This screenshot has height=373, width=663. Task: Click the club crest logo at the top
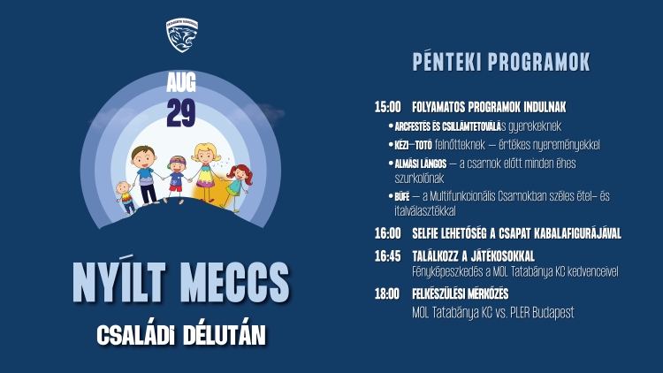tap(182, 35)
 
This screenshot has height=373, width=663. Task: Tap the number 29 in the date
tap(181, 113)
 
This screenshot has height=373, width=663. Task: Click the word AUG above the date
tap(181, 82)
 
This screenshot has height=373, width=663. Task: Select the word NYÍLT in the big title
tap(118, 281)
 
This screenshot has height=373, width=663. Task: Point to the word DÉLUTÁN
tap(225, 334)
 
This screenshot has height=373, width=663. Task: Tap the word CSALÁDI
tap(136, 335)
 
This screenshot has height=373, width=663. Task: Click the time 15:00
tap(387, 107)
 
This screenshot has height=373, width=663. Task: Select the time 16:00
tap(387, 233)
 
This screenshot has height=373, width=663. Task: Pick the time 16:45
tap(387, 255)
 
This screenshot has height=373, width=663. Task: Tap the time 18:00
tap(387, 293)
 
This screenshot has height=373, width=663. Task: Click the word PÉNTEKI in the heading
tap(447, 62)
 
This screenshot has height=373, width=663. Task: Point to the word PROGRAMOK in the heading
tap(539, 62)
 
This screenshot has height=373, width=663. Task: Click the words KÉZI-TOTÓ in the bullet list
tap(413, 146)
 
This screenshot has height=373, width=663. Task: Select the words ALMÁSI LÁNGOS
tap(420, 164)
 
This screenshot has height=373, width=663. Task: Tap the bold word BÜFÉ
tap(402, 196)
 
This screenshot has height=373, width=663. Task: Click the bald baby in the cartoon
tap(126, 197)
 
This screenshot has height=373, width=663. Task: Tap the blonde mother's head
tap(205, 154)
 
